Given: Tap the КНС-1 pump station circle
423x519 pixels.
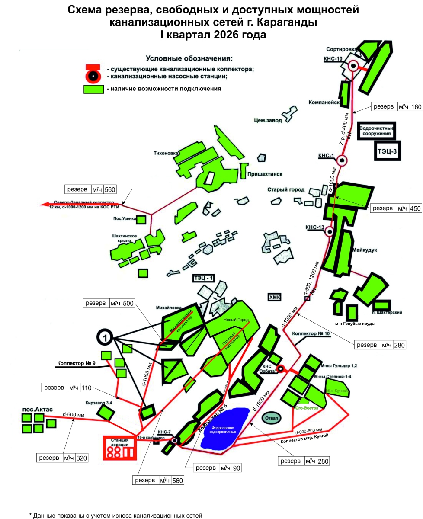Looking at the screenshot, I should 342,160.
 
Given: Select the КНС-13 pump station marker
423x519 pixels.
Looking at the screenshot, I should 329,232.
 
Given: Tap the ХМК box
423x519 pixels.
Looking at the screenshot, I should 275,298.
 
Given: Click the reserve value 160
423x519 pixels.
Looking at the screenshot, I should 416,107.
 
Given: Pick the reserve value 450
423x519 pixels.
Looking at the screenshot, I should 416,208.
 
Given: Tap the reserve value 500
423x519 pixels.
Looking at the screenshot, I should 128,303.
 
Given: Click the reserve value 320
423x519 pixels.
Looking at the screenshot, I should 81,458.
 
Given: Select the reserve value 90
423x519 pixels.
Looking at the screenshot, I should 236,468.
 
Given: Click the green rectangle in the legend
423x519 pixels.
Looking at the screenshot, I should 93,89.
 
